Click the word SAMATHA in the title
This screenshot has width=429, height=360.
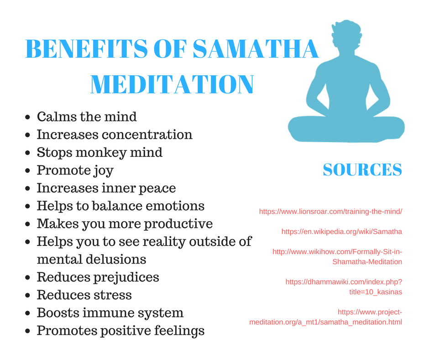pos(256,49)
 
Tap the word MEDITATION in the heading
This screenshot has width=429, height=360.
pos(172,85)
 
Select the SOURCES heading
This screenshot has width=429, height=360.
pos(362,169)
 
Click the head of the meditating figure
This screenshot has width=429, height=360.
pos(346,34)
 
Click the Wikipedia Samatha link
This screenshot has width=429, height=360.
pos(342,232)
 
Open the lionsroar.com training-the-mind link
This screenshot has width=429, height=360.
pos(330,212)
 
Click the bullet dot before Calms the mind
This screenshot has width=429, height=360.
pos(27,117)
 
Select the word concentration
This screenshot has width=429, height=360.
pos(147,134)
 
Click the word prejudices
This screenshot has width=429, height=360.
pos(126,277)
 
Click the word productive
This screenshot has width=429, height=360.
pos(178,224)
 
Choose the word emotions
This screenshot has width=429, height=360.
pos(175,206)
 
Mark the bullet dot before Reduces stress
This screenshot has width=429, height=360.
pos(27,295)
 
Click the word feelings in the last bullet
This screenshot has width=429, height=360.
pos(179,331)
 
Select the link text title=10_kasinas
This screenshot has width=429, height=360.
pos(375,292)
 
